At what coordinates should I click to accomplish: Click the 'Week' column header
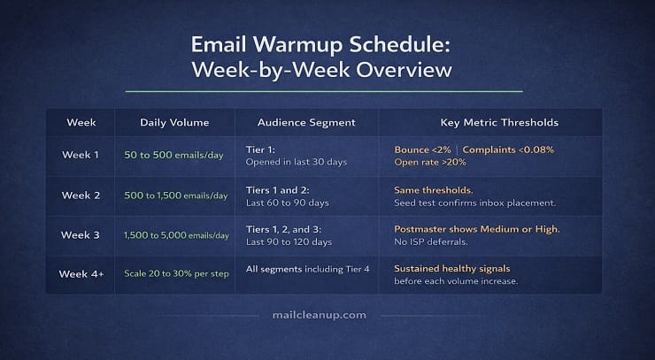click(81, 122)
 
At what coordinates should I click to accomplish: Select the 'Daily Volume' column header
click(173, 122)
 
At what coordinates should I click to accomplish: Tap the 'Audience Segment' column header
click(306, 122)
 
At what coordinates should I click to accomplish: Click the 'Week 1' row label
click(81, 155)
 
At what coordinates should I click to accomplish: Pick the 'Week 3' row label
click(81, 234)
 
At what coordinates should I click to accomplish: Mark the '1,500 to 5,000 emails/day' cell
click(176, 235)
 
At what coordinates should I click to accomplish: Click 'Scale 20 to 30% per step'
click(176, 273)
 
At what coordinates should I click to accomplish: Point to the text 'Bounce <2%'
click(422, 149)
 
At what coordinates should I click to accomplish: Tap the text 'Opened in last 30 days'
click(296, 163)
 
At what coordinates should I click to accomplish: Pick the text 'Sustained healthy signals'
click(452, 268)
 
